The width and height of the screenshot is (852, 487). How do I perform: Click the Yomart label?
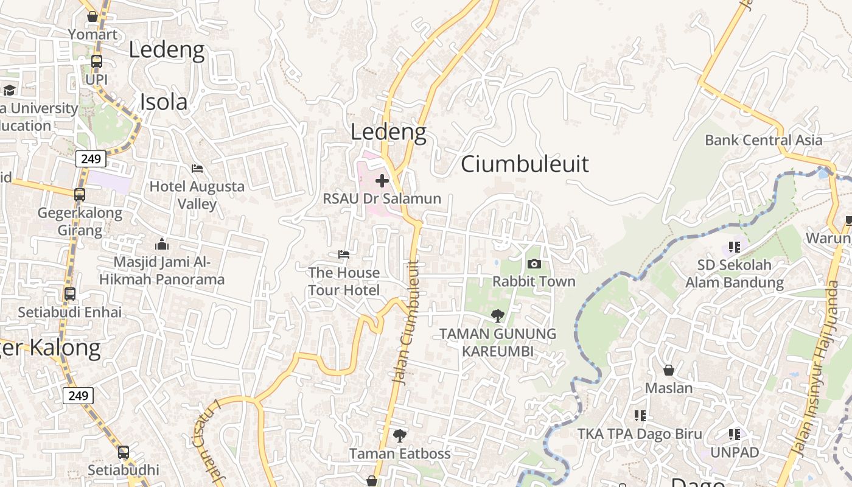(x=93, y=34)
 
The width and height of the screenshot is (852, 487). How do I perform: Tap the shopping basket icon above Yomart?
(x=93, y=16)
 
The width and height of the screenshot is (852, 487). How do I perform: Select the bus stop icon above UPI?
(x=96, y=61)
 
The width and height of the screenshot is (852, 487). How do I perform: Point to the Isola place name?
(x=164, y=102)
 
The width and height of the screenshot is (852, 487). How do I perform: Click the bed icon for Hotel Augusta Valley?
(x=197, y=169)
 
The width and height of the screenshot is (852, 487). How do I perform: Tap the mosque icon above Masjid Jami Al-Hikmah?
(x=162, y=245)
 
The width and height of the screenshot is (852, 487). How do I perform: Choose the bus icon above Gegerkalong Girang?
(x=80, y=195)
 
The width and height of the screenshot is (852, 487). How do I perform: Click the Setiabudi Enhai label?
(x=69, y=312)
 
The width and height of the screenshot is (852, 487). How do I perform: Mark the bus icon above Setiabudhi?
(x=123, y=452)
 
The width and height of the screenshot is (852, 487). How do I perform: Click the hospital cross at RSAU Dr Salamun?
(x=382, y=181)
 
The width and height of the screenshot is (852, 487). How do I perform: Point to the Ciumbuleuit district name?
(x=525, y=164)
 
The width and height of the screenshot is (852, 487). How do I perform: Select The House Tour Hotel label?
(x=344, y=281)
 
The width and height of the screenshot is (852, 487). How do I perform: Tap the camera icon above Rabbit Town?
(x=534, y=264)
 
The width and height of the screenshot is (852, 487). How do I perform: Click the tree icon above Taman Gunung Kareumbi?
(x=498, y=315)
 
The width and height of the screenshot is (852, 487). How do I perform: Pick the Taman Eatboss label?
(x=400, y=454)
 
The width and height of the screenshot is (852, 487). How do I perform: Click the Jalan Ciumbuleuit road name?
(x=407, y=323)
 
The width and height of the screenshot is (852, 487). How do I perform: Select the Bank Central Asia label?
(x=763, y=140)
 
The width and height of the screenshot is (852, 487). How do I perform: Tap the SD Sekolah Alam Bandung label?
(x=735, y=274)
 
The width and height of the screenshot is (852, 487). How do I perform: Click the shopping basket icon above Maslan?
(x=669, y=370)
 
